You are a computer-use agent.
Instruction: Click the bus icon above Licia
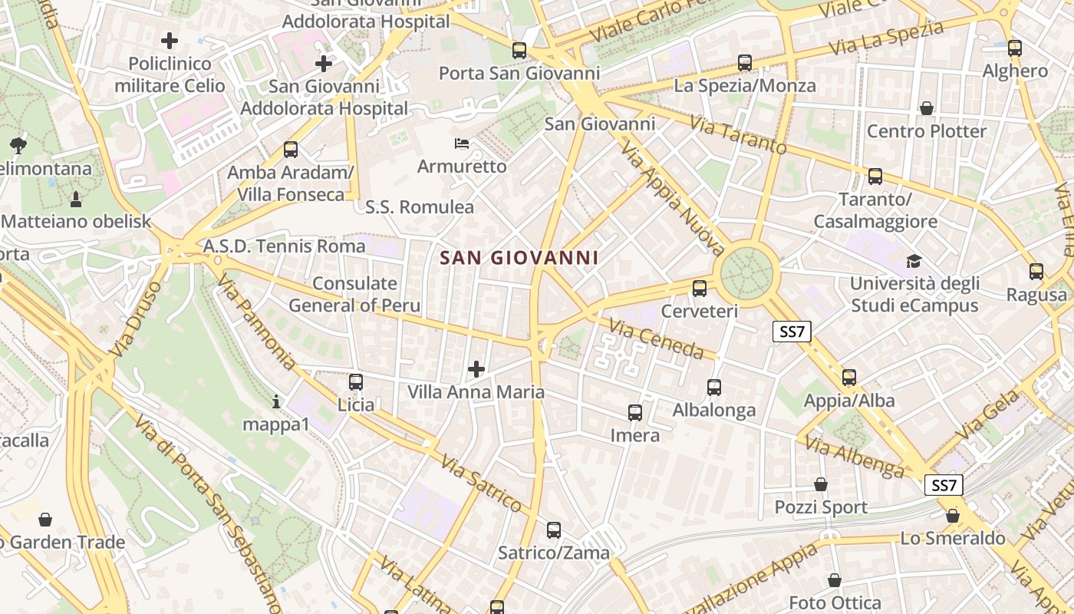click(355, 381)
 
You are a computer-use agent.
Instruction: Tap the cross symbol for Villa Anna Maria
click(476, 369)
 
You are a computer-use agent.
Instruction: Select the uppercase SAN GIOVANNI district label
click(519, 258)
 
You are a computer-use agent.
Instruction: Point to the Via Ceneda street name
click(656, 339)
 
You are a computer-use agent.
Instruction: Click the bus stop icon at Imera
click(635, 413)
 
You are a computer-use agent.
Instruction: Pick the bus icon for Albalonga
click(714, 388)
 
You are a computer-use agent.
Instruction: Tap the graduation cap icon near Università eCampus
click(913, 261)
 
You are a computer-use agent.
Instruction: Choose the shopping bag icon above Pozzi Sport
click(821, 484)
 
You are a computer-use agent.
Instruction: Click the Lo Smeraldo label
click(953, 539)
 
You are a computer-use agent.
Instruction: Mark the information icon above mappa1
click(276, 401)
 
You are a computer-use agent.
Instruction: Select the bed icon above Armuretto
click(462, 144)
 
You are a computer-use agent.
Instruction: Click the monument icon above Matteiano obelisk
click(76, 200)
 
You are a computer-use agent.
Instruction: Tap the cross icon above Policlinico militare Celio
click(170, 40)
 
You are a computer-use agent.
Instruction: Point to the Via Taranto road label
click(737, 135)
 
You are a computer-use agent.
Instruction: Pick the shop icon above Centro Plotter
click(927, 108)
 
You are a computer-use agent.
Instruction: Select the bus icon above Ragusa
click(1036, 271)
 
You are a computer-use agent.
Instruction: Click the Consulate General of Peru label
click(354, 295)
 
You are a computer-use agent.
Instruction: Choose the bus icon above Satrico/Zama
click(554, 530)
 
